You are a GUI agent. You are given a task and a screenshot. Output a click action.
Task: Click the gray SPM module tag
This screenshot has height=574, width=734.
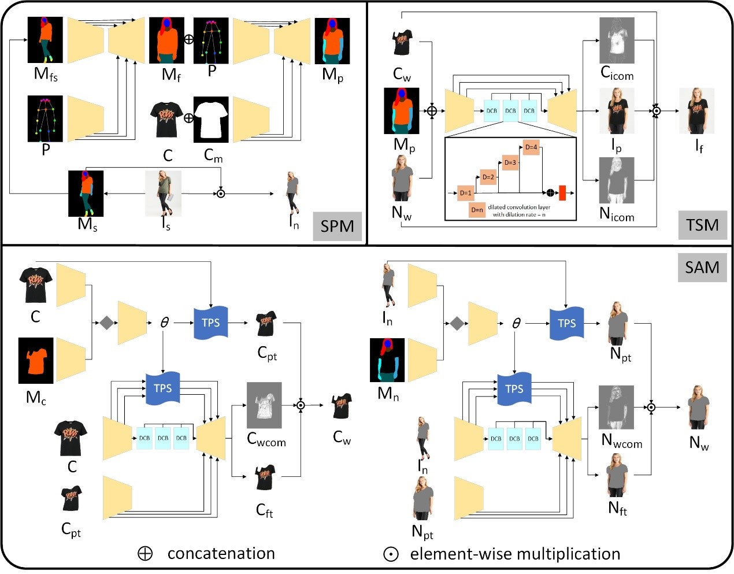(338, 226)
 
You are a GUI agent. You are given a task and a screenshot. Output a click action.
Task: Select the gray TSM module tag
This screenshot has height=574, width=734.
(702, 225)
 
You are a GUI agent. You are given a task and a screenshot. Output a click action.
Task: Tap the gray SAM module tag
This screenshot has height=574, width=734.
(702, 267)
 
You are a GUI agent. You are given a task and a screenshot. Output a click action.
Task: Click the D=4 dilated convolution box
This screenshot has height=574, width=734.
(531, 147)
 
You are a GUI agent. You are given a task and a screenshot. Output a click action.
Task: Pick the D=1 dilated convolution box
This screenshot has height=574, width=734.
(466, 193)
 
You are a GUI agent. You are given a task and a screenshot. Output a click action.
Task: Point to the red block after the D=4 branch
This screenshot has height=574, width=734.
(562, 193)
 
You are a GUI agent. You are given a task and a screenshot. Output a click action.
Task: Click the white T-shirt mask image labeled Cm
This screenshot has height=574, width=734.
(211, 120)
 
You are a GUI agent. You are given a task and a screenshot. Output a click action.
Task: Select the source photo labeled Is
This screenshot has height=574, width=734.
(163, 194)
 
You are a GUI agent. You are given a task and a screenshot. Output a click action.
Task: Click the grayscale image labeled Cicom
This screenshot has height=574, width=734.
(617, 40)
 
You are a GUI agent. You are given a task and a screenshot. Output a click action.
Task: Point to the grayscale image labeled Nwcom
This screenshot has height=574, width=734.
(616, 407)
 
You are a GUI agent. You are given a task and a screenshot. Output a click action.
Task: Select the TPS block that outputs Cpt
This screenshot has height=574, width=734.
(210, 323)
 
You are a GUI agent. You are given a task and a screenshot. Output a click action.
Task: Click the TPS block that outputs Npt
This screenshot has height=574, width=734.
(566, 323)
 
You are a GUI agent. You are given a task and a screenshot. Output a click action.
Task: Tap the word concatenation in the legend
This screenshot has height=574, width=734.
(221, 553)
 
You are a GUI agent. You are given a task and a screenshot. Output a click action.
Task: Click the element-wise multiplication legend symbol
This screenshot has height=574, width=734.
(391, 554)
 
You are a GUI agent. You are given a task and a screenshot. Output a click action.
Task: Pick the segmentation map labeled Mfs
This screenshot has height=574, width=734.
(45, 40)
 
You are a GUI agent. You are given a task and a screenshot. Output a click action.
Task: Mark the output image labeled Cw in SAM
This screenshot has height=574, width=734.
(342, 406)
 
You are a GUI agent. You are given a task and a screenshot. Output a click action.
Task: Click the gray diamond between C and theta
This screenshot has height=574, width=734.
(106, 323)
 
